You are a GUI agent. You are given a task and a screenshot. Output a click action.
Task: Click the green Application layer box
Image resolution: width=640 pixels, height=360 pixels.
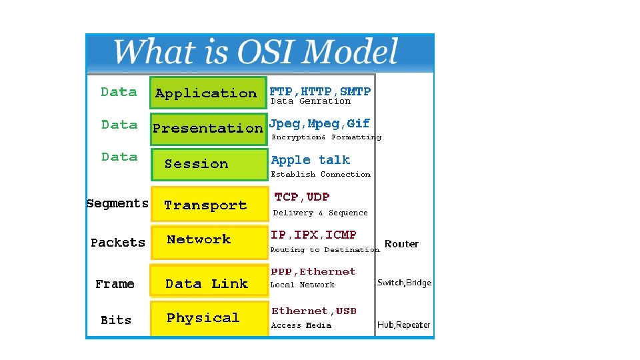coord(207,93)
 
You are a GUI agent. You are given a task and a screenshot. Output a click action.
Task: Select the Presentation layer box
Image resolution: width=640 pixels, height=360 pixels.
coord(208,128)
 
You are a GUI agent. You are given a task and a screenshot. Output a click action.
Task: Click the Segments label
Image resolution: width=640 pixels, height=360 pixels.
coord(117,203)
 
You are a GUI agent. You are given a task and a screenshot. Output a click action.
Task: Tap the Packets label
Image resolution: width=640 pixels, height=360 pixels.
coord(118,243)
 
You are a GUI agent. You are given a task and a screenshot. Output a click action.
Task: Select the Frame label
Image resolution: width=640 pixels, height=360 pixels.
coord(115,284)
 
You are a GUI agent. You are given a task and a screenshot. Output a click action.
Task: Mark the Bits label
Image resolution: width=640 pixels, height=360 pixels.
coord(116,320)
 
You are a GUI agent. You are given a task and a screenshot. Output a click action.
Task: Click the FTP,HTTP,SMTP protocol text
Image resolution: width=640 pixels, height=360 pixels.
coord(320,91)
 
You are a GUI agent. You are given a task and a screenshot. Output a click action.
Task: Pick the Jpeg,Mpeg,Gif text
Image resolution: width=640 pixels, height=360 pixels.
coord(319,123)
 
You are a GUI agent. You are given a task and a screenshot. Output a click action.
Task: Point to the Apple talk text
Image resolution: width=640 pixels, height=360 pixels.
coord(311,160)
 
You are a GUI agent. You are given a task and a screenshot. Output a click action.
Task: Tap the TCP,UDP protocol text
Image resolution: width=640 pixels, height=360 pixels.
coord(302,197)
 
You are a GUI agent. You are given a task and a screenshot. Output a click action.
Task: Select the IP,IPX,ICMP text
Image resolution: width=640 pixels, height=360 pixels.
coord(313,235)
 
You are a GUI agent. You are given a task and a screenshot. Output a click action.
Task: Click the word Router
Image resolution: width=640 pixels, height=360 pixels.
coord(401,244)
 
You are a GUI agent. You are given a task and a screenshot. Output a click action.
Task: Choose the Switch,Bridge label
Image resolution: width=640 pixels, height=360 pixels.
coord(404,283)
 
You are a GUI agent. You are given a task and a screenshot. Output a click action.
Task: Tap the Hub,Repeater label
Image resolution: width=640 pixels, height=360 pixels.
coord(403,325)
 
